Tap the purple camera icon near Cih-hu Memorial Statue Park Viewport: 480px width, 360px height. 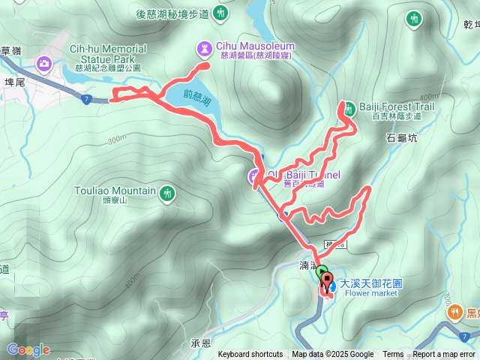point(44,63)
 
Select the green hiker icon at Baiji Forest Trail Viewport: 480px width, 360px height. point(349,106)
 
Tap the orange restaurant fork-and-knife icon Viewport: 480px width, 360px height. point(454,313)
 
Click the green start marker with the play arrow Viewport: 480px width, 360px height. point(322,272)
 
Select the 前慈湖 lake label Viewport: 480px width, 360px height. point(196,96)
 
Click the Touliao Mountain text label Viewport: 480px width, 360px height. point(115,191)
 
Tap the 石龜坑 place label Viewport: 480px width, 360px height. point(401,138)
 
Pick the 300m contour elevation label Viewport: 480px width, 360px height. point(117,140)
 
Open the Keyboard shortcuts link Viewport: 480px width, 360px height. point(250,355)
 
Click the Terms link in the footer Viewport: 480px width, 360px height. point(393,355)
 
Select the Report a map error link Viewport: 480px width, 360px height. point(444,355)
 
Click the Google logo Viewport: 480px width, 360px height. point(28,349)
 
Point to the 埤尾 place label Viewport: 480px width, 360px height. point(15,82)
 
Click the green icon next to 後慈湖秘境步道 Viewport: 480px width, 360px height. point(220,13)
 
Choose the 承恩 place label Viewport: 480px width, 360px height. point(201,343)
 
